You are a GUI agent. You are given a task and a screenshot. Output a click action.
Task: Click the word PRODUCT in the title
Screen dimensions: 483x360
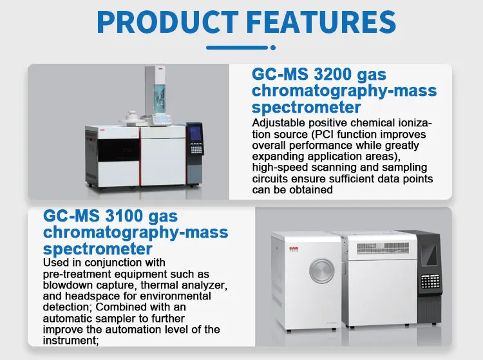(167, 22)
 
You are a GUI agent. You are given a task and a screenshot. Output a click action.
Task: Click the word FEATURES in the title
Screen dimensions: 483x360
(321, 22)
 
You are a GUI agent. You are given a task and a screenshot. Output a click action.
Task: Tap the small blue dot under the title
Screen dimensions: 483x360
(273, 48)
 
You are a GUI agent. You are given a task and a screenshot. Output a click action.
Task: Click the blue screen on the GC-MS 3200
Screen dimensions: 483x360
(196, 134)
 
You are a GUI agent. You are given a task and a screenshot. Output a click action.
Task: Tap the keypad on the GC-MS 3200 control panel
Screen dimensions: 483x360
(196, 149)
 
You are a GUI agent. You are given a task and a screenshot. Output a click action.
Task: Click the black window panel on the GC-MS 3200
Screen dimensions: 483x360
(118, 150)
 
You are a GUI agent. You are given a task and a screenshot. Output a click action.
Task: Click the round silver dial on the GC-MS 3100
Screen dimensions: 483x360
(321, 270)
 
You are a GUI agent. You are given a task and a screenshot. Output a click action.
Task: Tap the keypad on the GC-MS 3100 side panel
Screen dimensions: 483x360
(430, 281)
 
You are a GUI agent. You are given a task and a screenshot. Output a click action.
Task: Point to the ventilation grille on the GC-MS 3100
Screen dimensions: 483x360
(383, 248)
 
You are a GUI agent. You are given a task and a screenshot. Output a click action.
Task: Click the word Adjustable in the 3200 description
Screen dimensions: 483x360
(279, 123)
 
